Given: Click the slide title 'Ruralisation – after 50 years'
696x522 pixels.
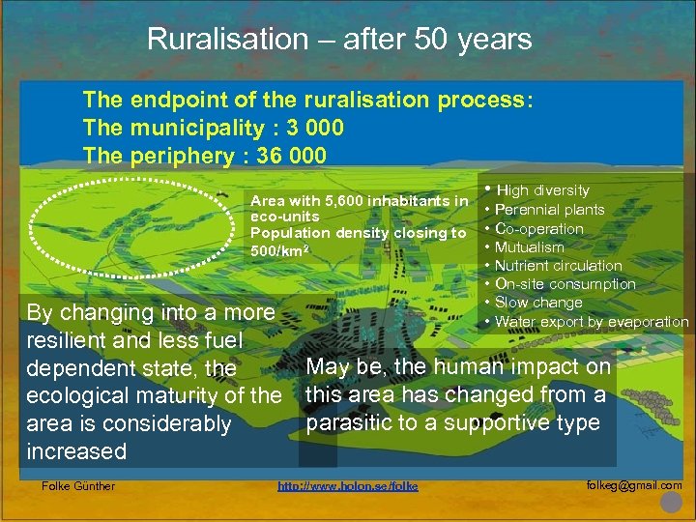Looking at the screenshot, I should click(339, 40).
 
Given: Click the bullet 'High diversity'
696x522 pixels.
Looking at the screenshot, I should click(542, 190).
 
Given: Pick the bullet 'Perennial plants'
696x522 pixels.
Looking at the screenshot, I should click(549, 210).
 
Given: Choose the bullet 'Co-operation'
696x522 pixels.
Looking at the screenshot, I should click(538, 229).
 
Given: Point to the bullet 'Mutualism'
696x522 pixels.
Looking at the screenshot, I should click(529, 247).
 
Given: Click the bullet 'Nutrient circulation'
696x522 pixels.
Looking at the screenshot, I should click(558, 266).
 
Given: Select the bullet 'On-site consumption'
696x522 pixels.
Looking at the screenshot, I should click(565, 284).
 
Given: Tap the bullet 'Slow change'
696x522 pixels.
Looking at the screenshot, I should click(537, 303).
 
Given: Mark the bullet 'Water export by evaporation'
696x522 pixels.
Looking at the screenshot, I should click(592, 322).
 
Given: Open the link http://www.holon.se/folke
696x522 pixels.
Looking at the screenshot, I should click(348, 486).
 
